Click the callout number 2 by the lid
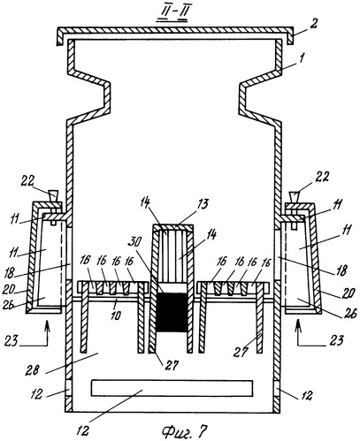[x=314, y=24]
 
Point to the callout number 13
[x=203, y=203]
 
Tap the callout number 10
[x=115, y=316]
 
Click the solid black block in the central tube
[x=172, y=311]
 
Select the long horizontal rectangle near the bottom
[x=172, y=388]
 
